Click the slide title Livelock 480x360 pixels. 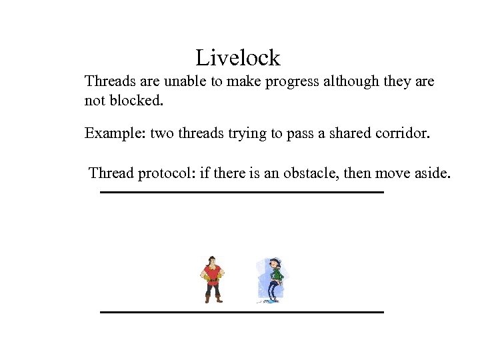[x=238, y=58]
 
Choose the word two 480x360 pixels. [x=161, y=133]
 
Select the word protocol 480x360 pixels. [x=166, y=174]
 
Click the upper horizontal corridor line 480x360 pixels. [x=241, y=192]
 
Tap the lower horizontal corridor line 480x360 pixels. [x=241, y=312]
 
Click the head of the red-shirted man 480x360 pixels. [x=212, y=260]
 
